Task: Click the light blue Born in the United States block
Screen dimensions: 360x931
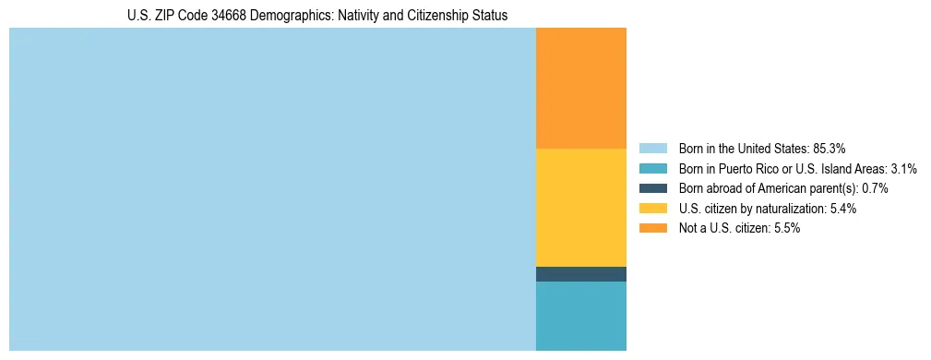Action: click(x=272, y=189)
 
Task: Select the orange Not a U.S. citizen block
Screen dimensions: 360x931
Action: click(x=580, y=89)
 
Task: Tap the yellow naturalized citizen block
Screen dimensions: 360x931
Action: click(x=580, y=208)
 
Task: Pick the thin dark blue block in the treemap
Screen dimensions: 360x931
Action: click(x=580, y=274)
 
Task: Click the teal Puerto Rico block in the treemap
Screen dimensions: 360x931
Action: click(x=580, y=316)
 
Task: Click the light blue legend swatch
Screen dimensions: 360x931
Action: click(x=652, y=149)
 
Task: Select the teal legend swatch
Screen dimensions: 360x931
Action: click(x=652, y=169)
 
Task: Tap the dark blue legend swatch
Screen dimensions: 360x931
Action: click(x=652, y=188)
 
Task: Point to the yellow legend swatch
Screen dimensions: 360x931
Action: click(x=652, y=209)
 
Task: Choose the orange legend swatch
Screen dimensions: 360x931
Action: click(x=652, y=228)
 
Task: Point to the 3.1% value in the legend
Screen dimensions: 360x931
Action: click(x=903, y=169)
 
